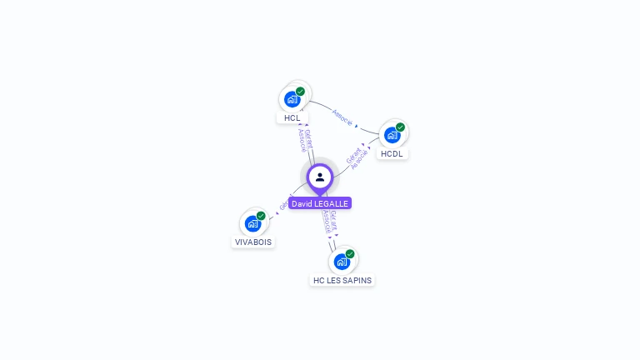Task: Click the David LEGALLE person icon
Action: (320, 177)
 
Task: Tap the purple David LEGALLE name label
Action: (320, 203)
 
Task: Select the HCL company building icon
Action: (292, 99)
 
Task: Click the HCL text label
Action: (292, 118)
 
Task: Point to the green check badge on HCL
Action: (301, 91)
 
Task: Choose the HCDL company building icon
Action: (392, 135)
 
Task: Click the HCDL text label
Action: (392, 154)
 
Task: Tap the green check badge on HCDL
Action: (401, 127)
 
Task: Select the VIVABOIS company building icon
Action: (252, 223)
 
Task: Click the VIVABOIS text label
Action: (253, 242)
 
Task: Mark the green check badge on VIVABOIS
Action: (262, 215)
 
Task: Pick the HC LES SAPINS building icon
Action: (341, 262)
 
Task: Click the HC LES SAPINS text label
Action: (342, 281)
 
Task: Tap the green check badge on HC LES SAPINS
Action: (350, 253)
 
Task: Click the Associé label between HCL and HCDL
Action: (342, 117)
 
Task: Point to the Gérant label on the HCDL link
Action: (352, 154)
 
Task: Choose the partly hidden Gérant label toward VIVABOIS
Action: (284, 204)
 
